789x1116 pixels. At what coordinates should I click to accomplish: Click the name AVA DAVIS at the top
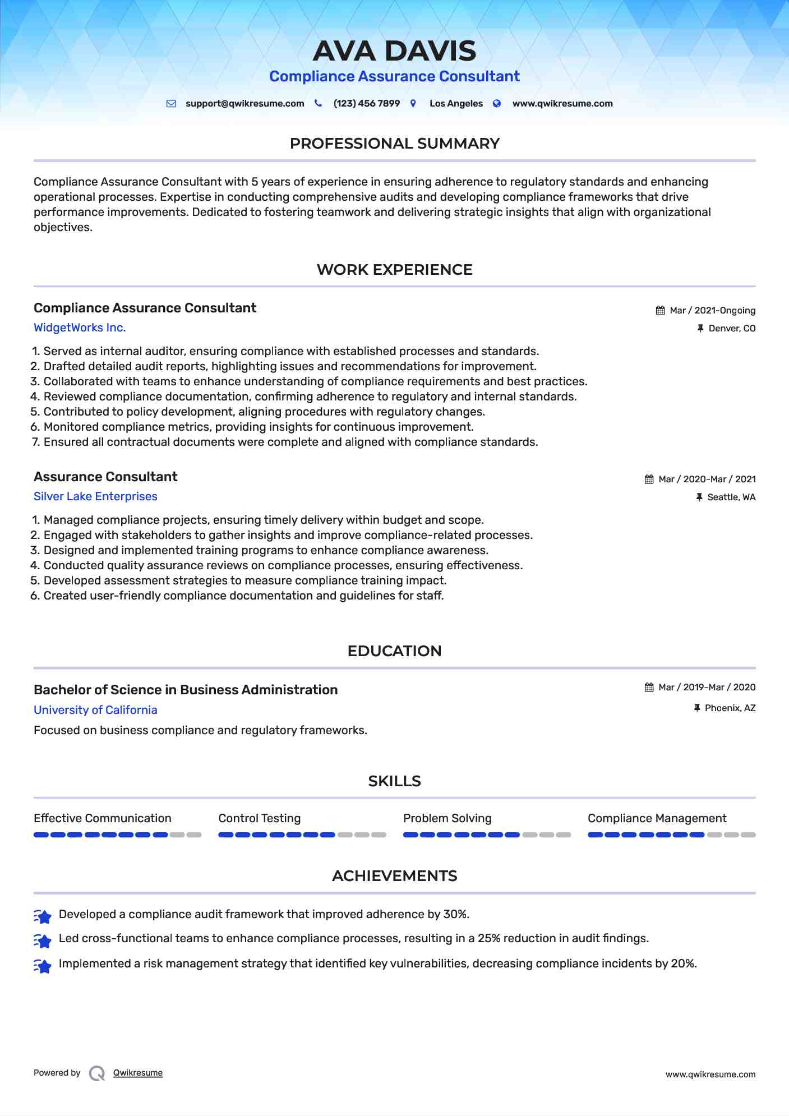click(394, 51)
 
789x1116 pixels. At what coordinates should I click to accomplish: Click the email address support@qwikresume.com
click(244, 104)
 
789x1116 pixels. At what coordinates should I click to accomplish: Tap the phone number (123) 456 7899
click(366, 104)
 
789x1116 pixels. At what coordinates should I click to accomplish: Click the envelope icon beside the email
click(171, 104)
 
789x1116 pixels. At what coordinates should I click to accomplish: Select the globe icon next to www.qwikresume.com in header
click(497, 104)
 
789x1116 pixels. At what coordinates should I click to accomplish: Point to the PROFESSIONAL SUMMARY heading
click(394, 144)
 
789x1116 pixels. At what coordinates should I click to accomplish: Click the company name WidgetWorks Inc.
click(80, 328)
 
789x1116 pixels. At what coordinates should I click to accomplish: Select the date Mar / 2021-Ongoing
click(712, 311)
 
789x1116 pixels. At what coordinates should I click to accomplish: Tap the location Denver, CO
click(732, 329)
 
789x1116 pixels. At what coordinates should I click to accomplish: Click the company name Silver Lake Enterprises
click(95, 496)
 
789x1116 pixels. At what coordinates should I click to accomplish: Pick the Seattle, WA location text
click(731, 497)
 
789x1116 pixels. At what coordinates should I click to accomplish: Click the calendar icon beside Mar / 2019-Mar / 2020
click(649, 688)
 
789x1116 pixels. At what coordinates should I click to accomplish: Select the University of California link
click(95, 710)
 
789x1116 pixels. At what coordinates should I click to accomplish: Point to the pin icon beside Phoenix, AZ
click(697, 708)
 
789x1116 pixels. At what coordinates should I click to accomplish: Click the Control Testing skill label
click(259, 818)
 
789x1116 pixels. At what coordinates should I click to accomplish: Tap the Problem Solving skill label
click(447, 818)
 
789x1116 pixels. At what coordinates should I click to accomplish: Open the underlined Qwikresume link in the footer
click(138, 1073)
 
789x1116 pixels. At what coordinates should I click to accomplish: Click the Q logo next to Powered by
click(97, 1073)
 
